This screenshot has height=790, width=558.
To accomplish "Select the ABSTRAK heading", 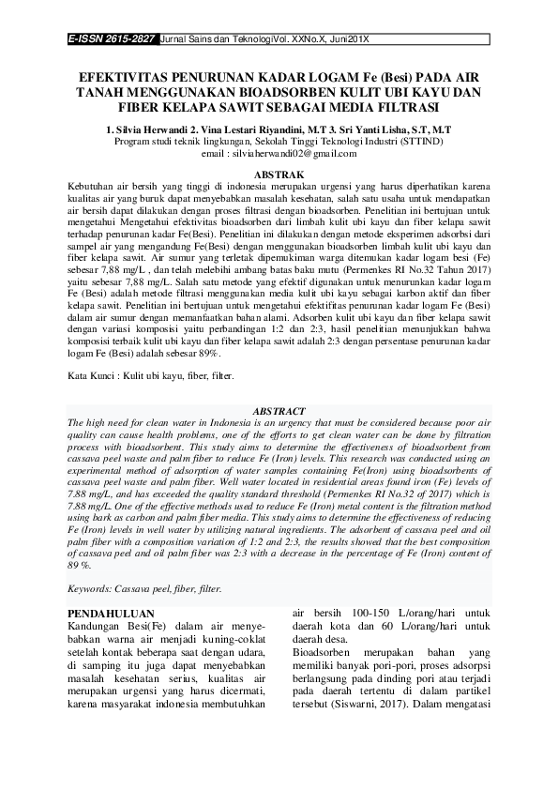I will point(279,175).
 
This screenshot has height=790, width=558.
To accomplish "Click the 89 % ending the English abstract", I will point(81,566).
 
